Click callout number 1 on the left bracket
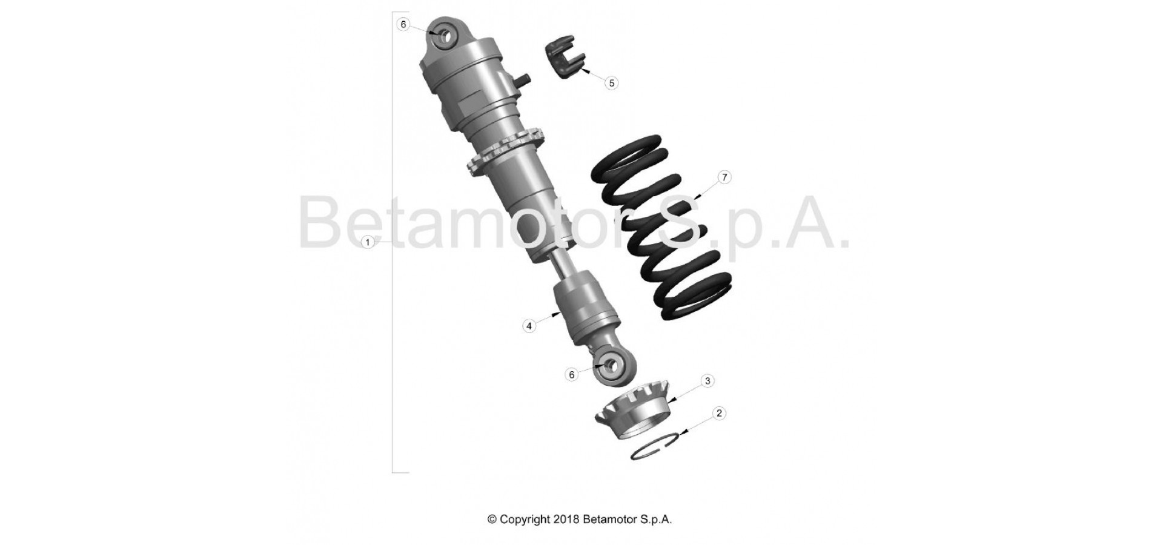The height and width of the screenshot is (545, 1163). pos(367,242)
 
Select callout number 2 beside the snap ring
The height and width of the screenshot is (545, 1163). pos(719,414)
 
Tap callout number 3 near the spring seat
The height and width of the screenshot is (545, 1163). pos(707,381)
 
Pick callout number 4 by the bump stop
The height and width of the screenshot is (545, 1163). pos(529,326)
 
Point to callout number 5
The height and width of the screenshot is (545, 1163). pos(611,83)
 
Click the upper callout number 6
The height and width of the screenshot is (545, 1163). pos(404,24)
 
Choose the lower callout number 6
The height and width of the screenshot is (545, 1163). pos(571,375)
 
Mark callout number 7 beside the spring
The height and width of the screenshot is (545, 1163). pos(724,177)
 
